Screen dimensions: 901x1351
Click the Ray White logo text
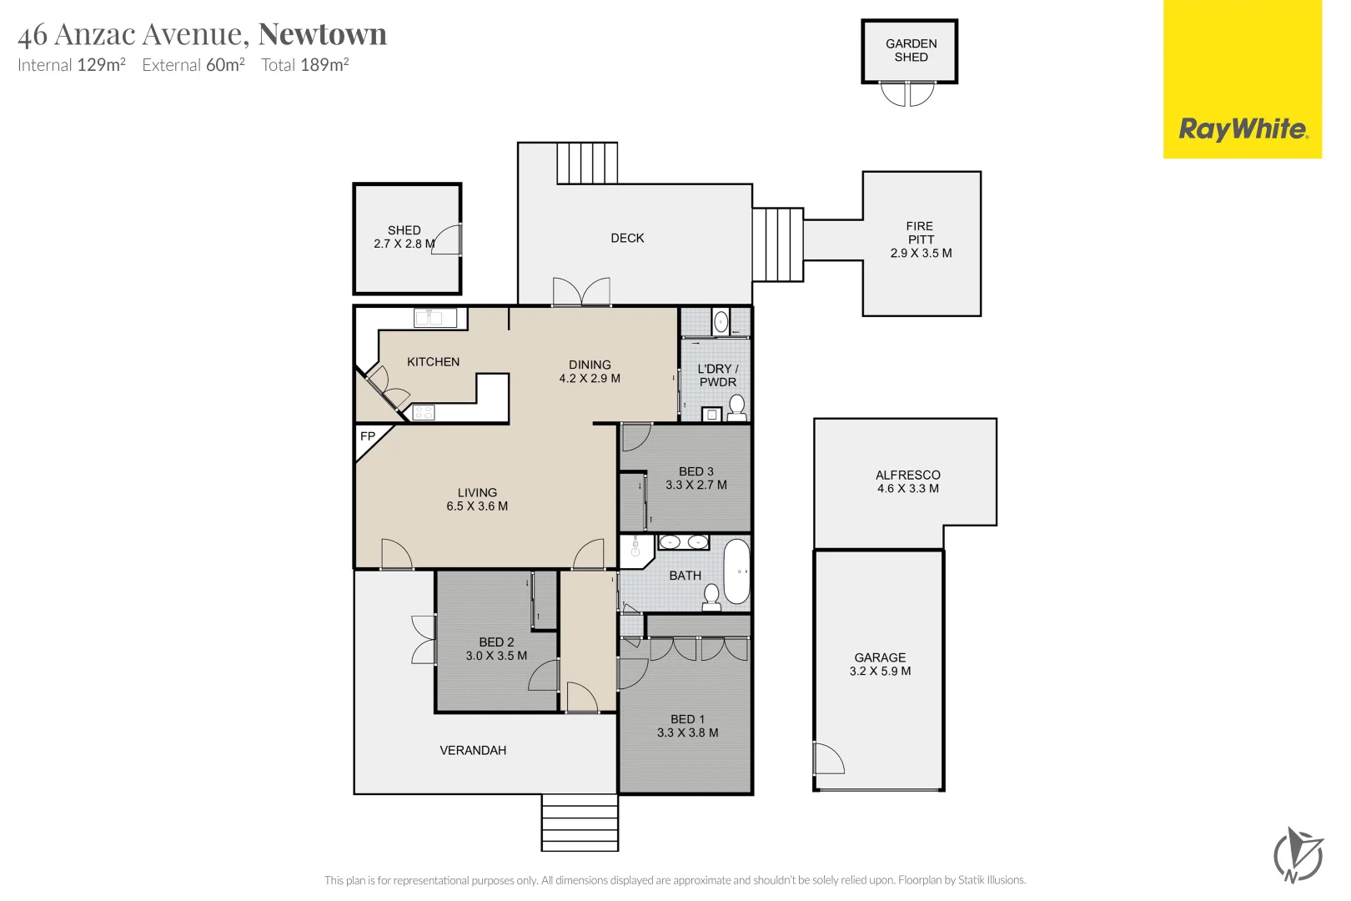[1242, 129]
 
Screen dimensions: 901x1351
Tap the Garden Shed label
[911, 50]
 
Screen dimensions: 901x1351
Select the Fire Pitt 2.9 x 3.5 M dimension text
[921, 253]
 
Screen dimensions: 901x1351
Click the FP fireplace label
[367, 436]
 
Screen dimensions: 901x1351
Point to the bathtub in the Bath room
[736, 571]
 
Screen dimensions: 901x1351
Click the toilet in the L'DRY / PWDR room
[736, 406]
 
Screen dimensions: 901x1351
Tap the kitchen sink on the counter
[434, 317]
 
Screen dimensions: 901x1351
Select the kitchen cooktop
[424, 412]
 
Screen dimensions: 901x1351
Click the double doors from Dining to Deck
[581, 292]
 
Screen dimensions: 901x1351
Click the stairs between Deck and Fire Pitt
[777, 245]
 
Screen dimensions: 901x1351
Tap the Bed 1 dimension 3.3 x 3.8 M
[687, 732]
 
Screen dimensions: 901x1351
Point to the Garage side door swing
[828, 758]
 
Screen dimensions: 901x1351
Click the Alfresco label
[907, 475]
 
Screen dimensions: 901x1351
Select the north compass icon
[1298, 854]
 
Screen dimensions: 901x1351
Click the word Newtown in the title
[323, 34]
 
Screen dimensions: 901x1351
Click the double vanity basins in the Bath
[684, 542]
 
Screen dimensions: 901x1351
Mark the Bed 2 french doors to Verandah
[424, 640]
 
